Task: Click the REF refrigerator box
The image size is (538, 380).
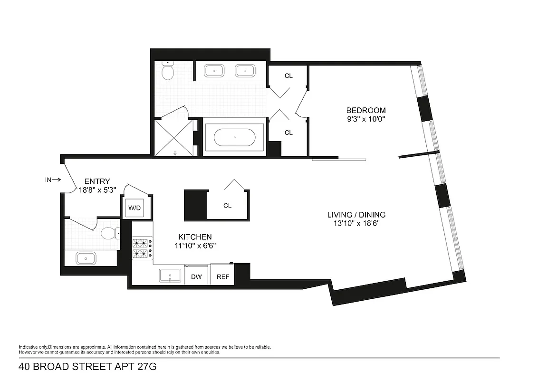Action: coord(222,276)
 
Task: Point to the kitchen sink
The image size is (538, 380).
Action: coord(170,275)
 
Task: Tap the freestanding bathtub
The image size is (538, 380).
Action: coord(234,137)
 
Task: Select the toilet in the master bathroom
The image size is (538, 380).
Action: coord(167,71)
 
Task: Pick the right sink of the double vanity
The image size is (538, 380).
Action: coord(245,71)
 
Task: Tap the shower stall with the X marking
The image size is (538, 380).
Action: coord(173,136)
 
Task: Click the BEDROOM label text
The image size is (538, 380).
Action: coord(365,110)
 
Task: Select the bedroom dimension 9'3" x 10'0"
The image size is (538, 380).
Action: coord(365,119)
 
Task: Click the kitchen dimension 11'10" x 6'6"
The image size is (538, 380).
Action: coord(195,246)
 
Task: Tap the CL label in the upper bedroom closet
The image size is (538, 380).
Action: coord(288,76)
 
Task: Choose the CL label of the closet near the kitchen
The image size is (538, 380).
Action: coord(227,206)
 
